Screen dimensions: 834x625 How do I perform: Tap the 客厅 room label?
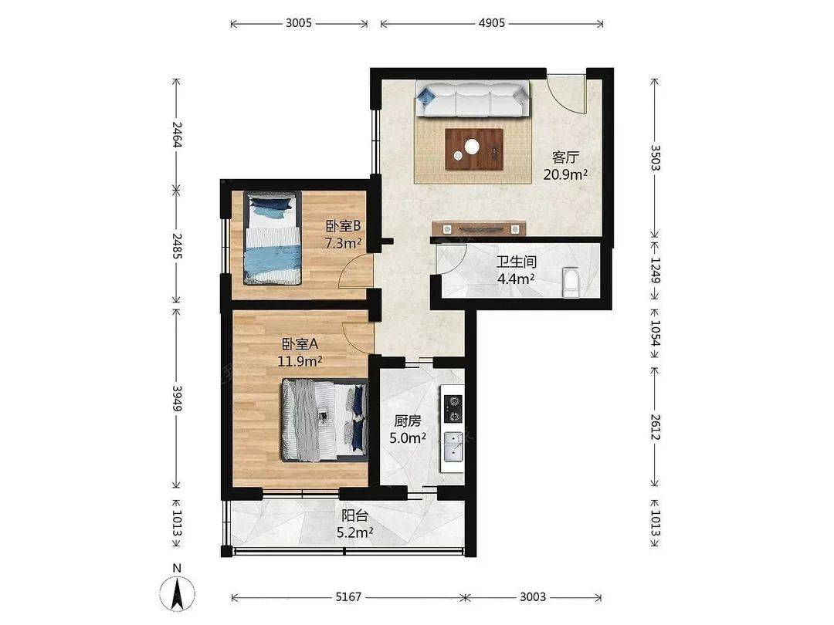click(564, 157)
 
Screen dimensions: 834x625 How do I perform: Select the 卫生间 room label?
click(516, 262)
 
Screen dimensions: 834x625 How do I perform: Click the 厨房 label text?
click(408, 421)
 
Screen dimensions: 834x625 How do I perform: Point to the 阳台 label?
click(354, 515)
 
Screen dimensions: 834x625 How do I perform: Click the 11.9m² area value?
click(300, 361)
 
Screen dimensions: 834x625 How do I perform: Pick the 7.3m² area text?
click(343, 243)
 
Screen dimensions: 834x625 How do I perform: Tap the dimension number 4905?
click(491, 23)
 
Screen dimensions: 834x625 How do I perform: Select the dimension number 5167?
click(348, 596)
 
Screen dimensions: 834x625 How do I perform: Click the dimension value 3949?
click(178, 398)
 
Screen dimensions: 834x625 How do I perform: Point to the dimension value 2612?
click(655, 427)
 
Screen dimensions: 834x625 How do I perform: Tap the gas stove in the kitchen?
click(453, 409)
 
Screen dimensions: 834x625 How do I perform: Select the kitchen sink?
click(453, 446)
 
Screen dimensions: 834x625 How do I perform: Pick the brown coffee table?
click(474, 150)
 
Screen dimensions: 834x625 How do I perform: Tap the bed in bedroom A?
click(324, 420)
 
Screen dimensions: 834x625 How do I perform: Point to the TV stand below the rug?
click(479, 228)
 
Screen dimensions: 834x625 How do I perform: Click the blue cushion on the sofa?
click(426, 96)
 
